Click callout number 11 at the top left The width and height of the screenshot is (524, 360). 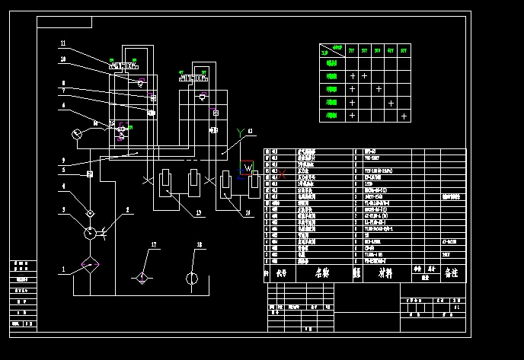[x=63, y=43]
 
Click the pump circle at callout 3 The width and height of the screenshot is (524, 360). [x=90, y=233]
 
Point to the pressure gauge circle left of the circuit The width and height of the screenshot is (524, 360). [x=76, y=134]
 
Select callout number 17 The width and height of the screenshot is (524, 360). [x=153, y=245]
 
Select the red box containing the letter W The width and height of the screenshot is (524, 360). [x=247, y=168]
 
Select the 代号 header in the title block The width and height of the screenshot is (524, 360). [x=282, y=272]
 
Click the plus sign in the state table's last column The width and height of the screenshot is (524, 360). [x=404, y=116]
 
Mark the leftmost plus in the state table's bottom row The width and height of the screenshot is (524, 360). [x=352, y=116]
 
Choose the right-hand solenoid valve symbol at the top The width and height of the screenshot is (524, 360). [x=194, y=77]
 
